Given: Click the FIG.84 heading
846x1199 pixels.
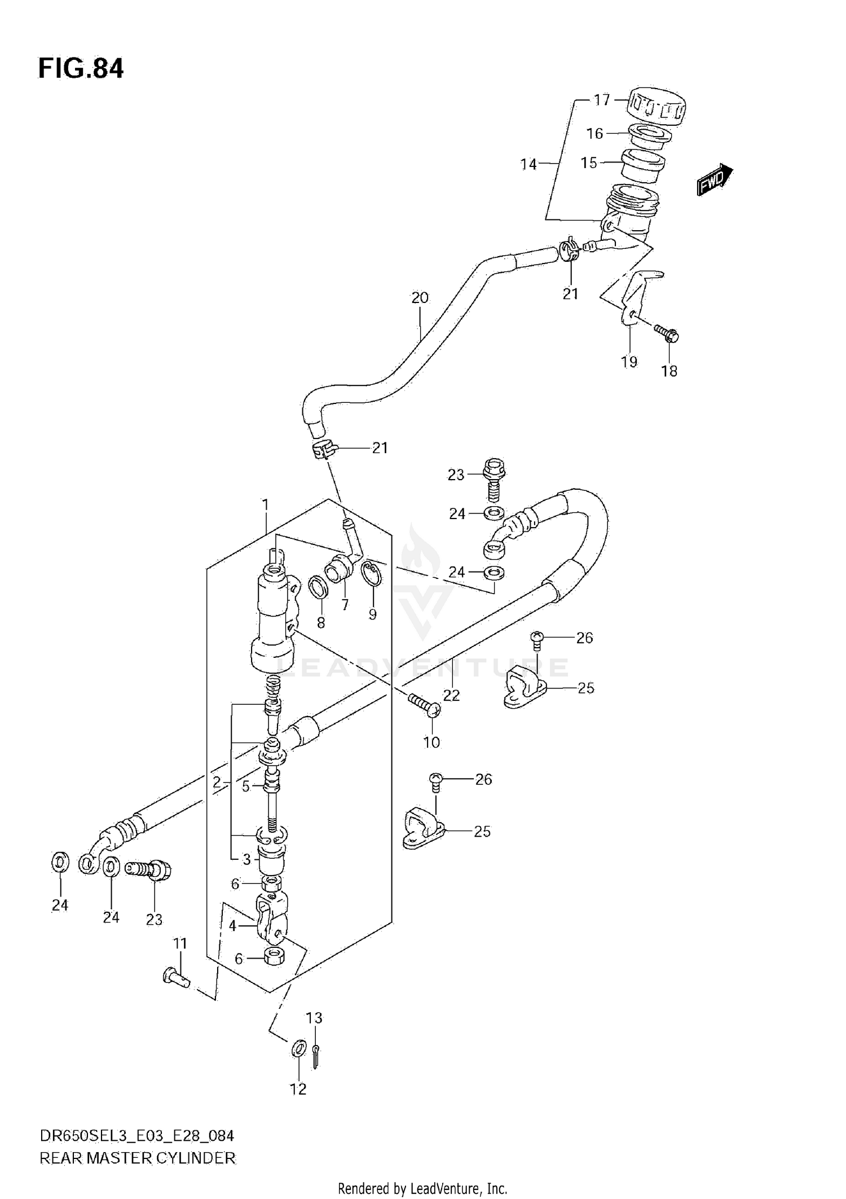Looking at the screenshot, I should pyautogui.click(x=81, y=69).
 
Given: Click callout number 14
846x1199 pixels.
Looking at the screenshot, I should pyautogui.click(x=528, y=164).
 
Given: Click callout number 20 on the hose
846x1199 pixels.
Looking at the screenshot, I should pyautogui.click(x=420, y=297).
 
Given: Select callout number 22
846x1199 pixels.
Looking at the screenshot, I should pyautogui.click(x=451, y=695).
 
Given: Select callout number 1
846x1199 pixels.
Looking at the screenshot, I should pyautogui.click(x=265, y=504).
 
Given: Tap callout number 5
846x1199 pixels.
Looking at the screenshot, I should pyautogui.click(x=245, y=786).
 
